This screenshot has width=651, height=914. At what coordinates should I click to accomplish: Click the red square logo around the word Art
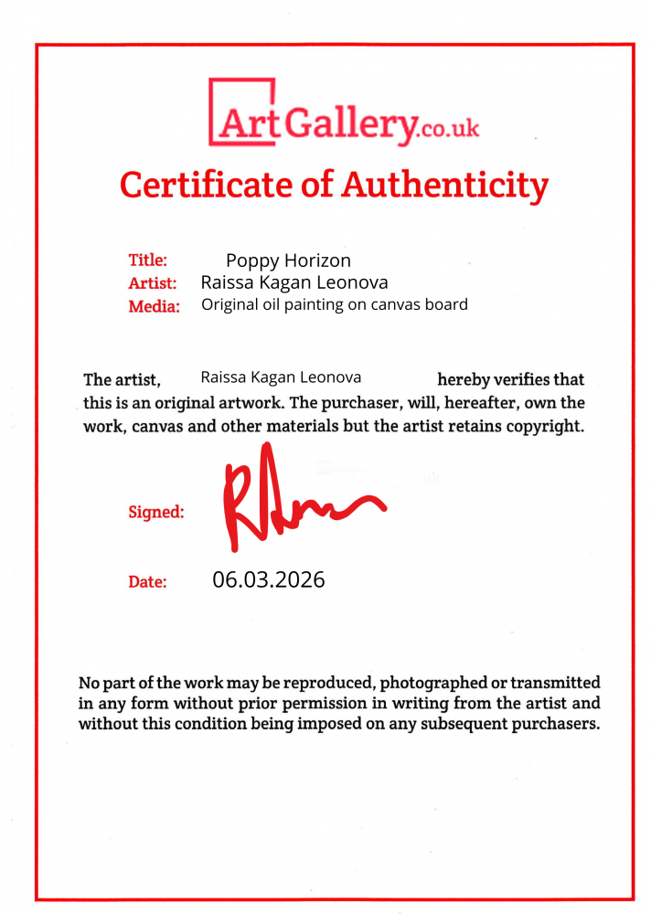pyautogui.click(x=242, y=112)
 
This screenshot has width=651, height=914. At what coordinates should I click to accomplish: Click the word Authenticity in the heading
pyautogui.click(x=444, y=185)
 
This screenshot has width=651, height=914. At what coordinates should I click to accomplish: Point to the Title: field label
pyautogui.click(x=147, y=260)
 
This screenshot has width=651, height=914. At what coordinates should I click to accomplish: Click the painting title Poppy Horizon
pyautogui.click(x=288, y=260)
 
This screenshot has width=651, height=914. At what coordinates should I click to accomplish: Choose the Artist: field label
pyautogui.click(x=152, y=283)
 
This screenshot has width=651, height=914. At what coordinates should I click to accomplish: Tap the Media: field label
pyautogui.click(x=154, y=306)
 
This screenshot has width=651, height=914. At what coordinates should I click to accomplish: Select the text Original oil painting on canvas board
pyautogui.click(x=334, y=304)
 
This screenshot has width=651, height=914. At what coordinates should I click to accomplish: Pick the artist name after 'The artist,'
pyautogui.click(x=281, y=377)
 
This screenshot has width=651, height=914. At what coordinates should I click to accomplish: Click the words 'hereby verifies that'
pyautogui.click(x=510, y=379)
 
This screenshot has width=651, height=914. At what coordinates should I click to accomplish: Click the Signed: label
pyautogui.click(x=155, y=512)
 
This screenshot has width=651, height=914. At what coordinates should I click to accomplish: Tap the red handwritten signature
pyautogui.click(x=293, y=501)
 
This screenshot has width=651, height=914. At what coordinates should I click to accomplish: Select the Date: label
pyautogui.click(x=147, y=581)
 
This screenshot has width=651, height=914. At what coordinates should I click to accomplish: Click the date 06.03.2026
pyautogui.click(x=268, y=579)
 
